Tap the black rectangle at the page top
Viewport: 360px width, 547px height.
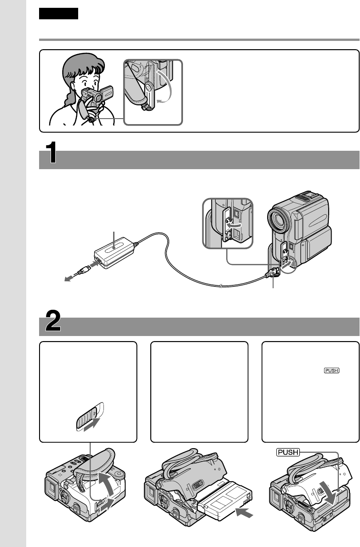[59, 14]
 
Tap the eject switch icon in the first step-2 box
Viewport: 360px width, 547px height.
[88, 418]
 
